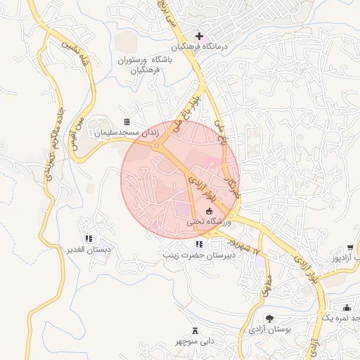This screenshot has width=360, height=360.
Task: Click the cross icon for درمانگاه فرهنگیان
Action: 199,36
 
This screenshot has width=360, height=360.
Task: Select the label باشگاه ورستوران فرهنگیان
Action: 140,65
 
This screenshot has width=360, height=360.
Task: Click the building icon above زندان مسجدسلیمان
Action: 127,122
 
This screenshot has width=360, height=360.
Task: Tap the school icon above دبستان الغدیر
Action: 88,239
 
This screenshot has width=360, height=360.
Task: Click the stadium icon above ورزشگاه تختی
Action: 208,210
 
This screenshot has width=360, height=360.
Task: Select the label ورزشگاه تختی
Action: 209,221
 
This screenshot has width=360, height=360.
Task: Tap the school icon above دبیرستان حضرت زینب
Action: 188,244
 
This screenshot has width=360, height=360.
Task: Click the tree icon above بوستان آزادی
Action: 269,318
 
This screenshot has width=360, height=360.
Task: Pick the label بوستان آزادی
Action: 270,329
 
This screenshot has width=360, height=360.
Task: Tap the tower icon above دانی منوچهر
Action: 195,330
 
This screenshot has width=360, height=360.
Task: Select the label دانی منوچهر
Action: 195,342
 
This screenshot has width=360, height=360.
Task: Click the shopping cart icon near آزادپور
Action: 349,247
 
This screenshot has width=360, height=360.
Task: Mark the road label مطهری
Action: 266,283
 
